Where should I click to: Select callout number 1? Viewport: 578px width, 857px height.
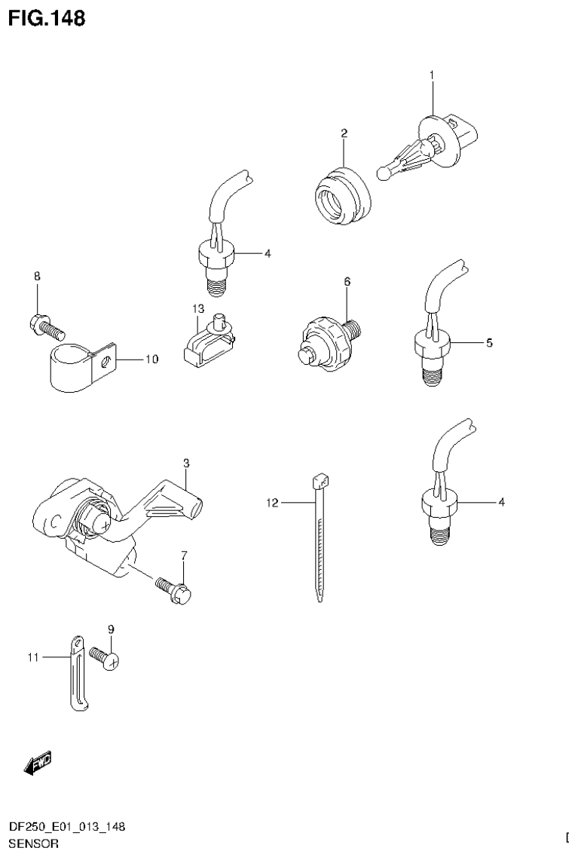point(432,75)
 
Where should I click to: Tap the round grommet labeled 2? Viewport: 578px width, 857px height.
point(341,195)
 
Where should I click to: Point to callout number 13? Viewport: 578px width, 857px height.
point(197,309)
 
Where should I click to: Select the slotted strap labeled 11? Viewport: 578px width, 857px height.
point(77,671)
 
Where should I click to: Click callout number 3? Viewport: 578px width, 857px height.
point(185,461)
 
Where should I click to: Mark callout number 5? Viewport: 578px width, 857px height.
point(489,343)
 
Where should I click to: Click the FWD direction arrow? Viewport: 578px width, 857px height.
point(37,764)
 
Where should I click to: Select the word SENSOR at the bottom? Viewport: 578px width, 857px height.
point(33,843)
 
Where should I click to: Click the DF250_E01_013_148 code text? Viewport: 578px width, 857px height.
point(67,828)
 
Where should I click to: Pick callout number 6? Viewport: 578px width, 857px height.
point(347,281)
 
